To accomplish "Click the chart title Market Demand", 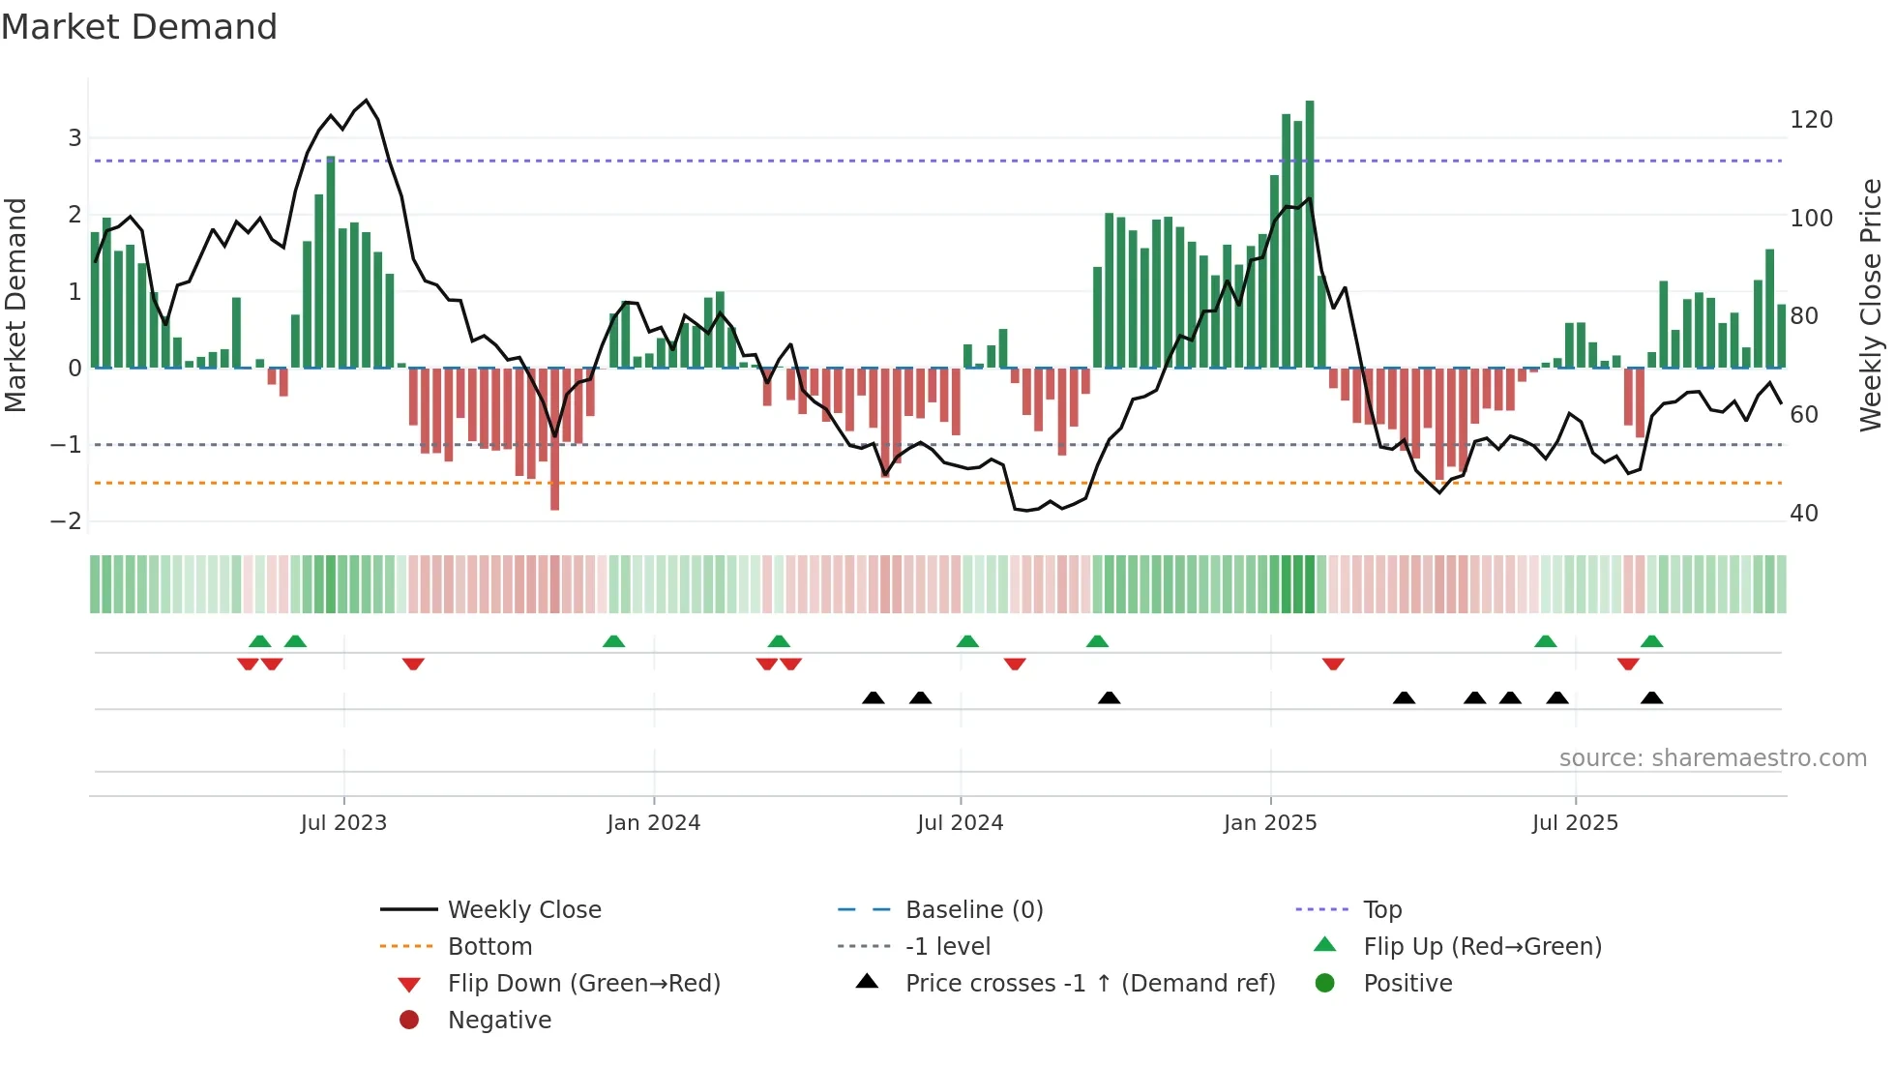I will (x=139, y=27).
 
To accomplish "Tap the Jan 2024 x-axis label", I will (x=653, y=823).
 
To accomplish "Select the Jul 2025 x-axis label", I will (x=1575, y=823).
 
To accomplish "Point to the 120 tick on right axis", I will (x=1811, y=120).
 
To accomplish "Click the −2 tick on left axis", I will (x=66, y=521).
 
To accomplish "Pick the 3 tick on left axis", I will (x=74, y=138).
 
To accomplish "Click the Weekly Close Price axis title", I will (x=1871, y=305).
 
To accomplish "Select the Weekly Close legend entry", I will (x=523, y=910).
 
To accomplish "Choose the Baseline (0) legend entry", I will (x=973, y=910).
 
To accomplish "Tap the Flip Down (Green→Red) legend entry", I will (x=583, y=984).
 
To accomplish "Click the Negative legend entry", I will (x=499, y=1021).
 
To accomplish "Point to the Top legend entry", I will (x=1381, y=910).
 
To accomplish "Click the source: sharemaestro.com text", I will (x=1712, y=758).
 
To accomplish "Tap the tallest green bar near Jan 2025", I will (x=1310, y=232).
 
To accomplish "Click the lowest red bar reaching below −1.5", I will (x=554, y=440).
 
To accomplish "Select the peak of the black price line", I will (x=366, y=101).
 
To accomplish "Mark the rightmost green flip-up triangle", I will (x=1651, y=641).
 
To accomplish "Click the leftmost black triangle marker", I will (x=873, y=697).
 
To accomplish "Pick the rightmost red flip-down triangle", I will (x=1628, y=665).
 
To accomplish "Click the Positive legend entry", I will (x=1407, y=984).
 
